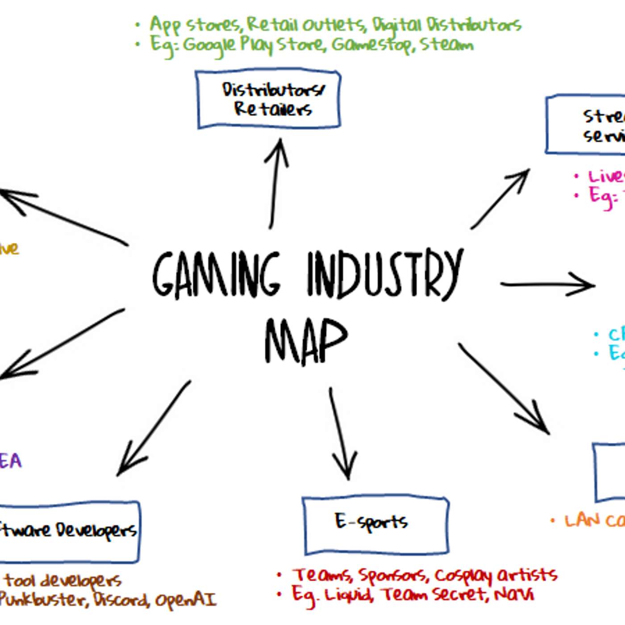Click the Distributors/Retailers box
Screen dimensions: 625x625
269,99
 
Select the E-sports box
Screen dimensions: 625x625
375,525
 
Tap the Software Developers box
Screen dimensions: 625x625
69,531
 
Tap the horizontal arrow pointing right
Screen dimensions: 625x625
547,285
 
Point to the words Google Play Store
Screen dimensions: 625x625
253,45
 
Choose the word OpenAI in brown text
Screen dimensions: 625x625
185,600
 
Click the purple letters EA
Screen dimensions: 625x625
10,461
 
